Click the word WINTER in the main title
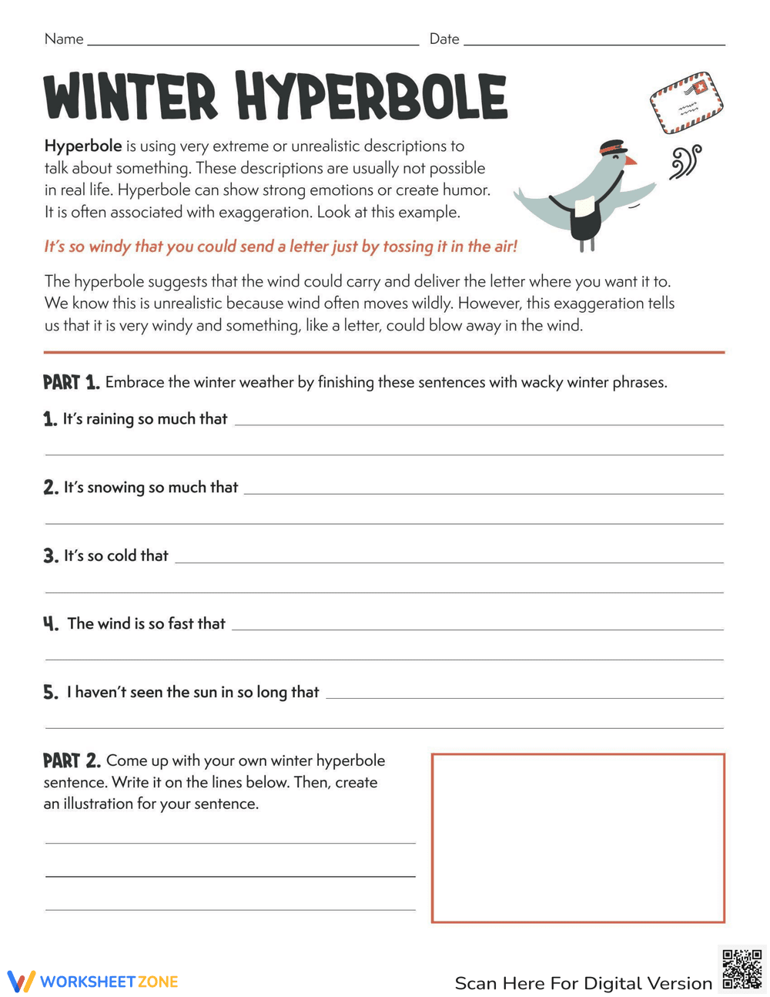(131, 97)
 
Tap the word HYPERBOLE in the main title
(371, 97)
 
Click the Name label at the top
(64, 39)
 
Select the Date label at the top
(444, 39)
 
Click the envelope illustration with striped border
(686, 102)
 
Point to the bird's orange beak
(631, 160)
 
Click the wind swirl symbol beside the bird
(685, 163)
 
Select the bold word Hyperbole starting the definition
(83, 146)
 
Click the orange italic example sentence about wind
(280, 247)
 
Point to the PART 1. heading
(71, 382)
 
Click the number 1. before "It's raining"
(50, 419)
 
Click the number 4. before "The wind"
(51, 624)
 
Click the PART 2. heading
(72, 761)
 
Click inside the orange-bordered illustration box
(577, 838)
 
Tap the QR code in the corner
(742, 968)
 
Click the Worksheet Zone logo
(92, 982)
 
